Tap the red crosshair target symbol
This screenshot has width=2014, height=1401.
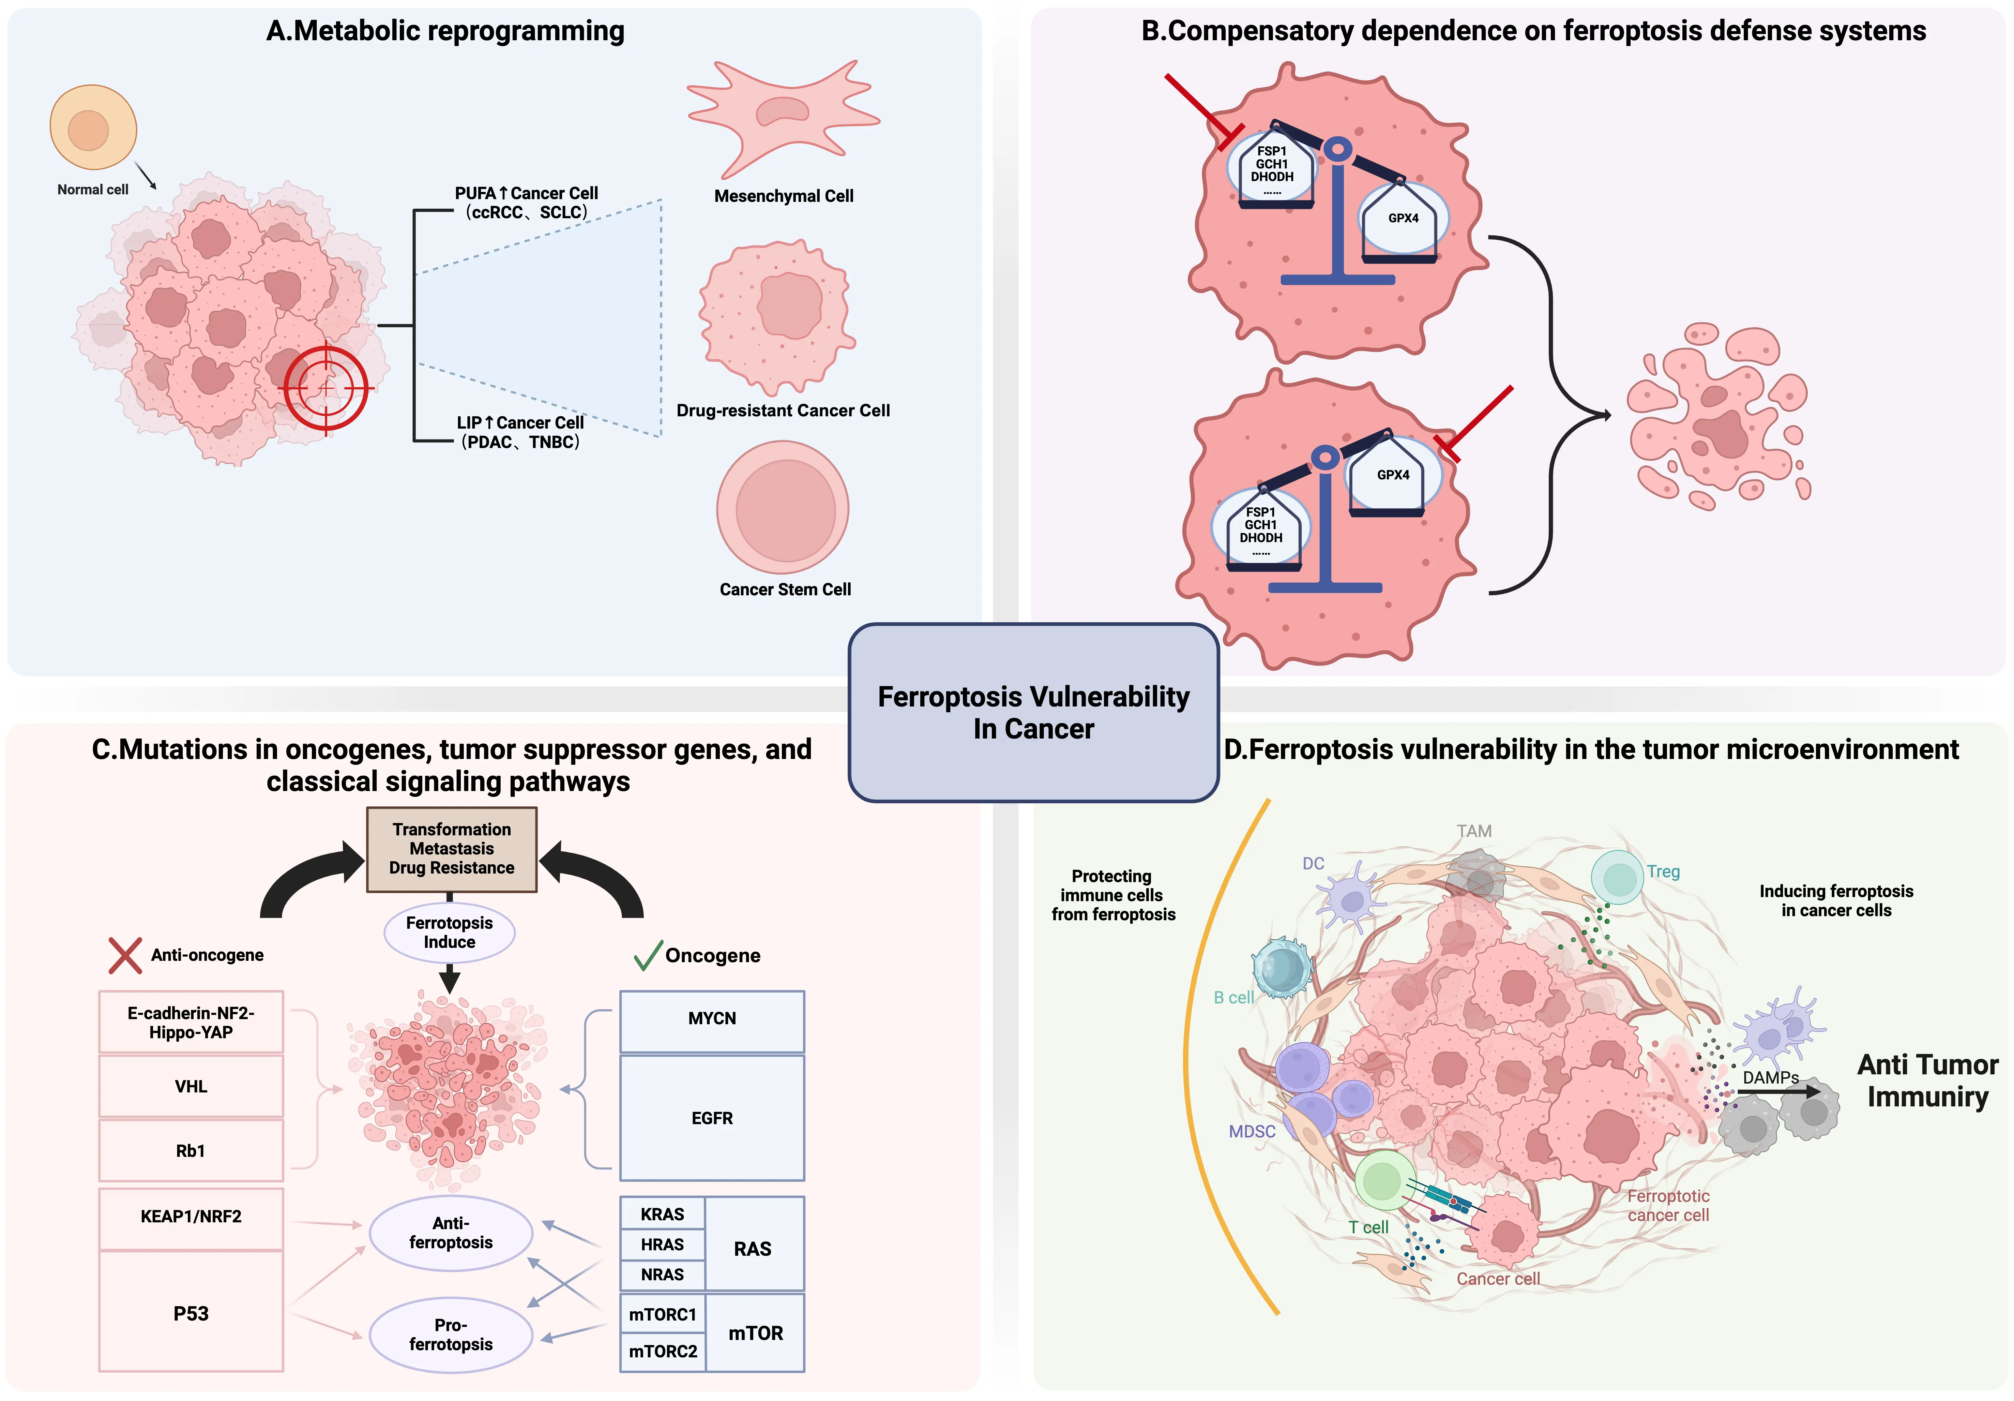(x=325, y=387)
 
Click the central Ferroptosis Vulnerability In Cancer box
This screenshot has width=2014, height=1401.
(x=1033, y=712)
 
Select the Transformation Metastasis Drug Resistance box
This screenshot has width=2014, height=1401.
(x=452, y=848)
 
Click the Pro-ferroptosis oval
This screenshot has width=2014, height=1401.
(x=451, y=1334)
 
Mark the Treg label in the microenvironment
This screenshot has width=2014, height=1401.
(x=1663, y=871)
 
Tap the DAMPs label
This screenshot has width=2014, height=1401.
(x=1770, y=1077)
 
